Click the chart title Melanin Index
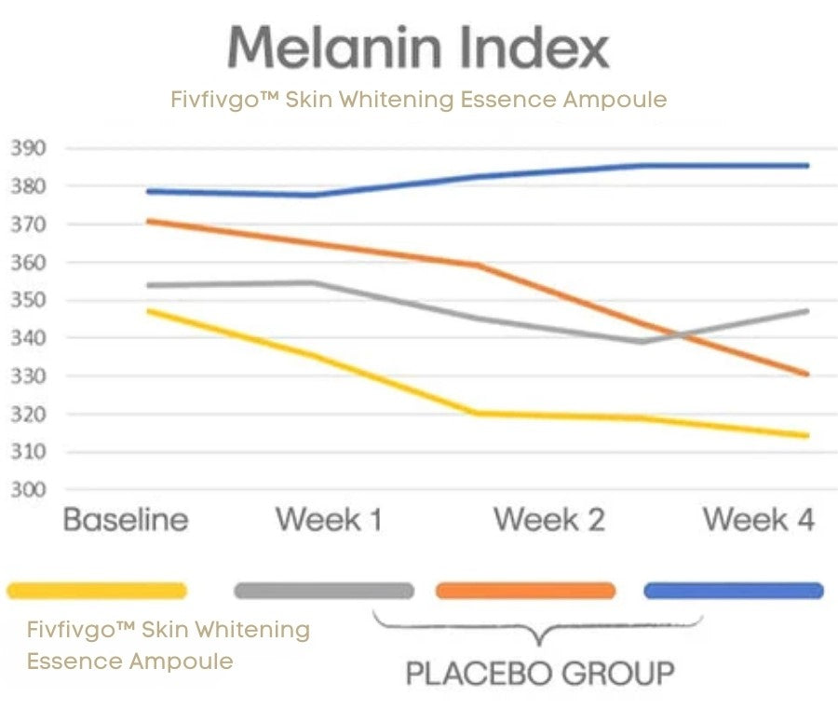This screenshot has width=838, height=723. pyautogui.click(x=418, y=48)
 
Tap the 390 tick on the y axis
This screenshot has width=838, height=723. pyautogui.click(x=28, y=148)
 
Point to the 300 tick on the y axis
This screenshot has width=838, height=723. pyautogui.click(x=28, y=489)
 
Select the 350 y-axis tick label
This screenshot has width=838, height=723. pyautogui.click(x=28, y=299)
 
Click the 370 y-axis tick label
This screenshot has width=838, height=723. pyautogui.click(x=28, y=224)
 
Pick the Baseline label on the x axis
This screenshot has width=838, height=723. pyautogui.click(x=126, y=519)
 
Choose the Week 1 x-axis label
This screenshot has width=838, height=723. pyautogui.click(x=330, y=519)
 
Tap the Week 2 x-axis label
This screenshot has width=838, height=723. pyautogui.click(x=548, y=519)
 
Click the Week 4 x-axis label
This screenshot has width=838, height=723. pyautogui.click(x=759, y=519)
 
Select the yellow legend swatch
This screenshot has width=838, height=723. pyautogui.click(x=97, y=591)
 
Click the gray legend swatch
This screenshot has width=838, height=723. pyautogui.click(x=324, y=591)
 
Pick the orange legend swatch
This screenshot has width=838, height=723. pyautogui.click(x=526, y=591)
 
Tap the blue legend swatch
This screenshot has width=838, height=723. pyautogui.click(x=734, y=591)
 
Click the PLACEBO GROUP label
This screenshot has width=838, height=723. pyautogui.click(x=540, y=673)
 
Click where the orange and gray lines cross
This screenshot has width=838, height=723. pyautogui.click(x=680, y=335)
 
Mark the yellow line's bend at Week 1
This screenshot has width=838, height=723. pyautogui.click(x=316, y=355)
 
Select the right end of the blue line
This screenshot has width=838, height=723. pyautogui.click(x=807, y=166)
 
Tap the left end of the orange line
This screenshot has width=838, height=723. pyautogui.click(x=149, y=221)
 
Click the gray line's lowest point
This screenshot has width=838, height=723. pyautogui.click(x=642, y=341)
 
